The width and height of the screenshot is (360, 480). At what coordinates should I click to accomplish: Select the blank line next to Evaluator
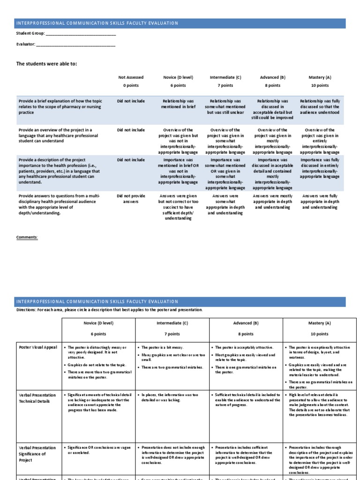[75, 45]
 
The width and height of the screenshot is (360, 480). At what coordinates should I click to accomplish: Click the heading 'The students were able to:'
[47, 64]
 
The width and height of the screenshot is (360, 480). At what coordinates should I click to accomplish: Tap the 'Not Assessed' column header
[131, 77]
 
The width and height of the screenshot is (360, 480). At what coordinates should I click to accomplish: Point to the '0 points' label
[131, 86]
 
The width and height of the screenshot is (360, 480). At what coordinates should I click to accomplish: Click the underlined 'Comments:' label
[27, 237]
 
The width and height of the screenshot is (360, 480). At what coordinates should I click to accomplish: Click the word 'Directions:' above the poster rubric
[28, 310]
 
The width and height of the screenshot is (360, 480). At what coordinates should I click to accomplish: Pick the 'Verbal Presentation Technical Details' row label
[37, 398]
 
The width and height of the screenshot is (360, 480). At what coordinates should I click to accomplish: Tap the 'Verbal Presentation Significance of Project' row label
[37, 454]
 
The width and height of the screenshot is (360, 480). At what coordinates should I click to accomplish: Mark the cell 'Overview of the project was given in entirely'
[319, 141]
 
